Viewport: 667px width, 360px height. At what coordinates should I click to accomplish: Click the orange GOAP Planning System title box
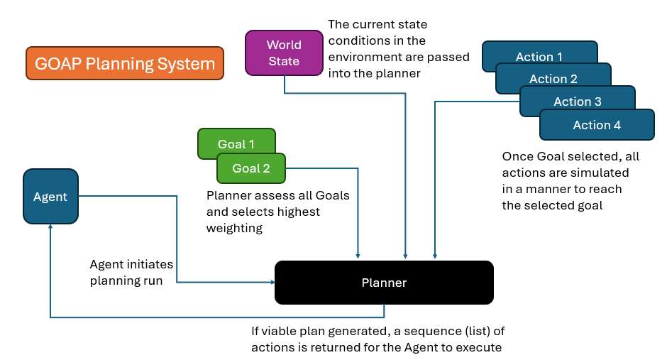tap(125, 63)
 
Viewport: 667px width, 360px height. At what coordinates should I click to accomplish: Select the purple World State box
tap(284, 53)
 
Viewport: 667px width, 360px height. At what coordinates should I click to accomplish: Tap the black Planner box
tap(384, 283)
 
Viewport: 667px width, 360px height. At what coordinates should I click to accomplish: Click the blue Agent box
tap(50, 197)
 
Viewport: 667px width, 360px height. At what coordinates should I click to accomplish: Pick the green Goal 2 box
tap(251, 168)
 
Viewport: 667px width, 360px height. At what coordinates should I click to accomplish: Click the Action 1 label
tap(539, 57)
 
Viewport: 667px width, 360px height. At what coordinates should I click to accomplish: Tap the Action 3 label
tap(578, 102)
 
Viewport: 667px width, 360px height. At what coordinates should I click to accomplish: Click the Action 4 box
tap(597, 125)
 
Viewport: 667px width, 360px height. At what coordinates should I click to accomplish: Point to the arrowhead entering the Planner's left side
tap(271, 283)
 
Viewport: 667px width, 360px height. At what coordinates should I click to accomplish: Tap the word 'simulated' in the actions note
tap(602, 173)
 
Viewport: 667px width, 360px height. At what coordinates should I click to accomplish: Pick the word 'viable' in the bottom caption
tap(279, 331)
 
